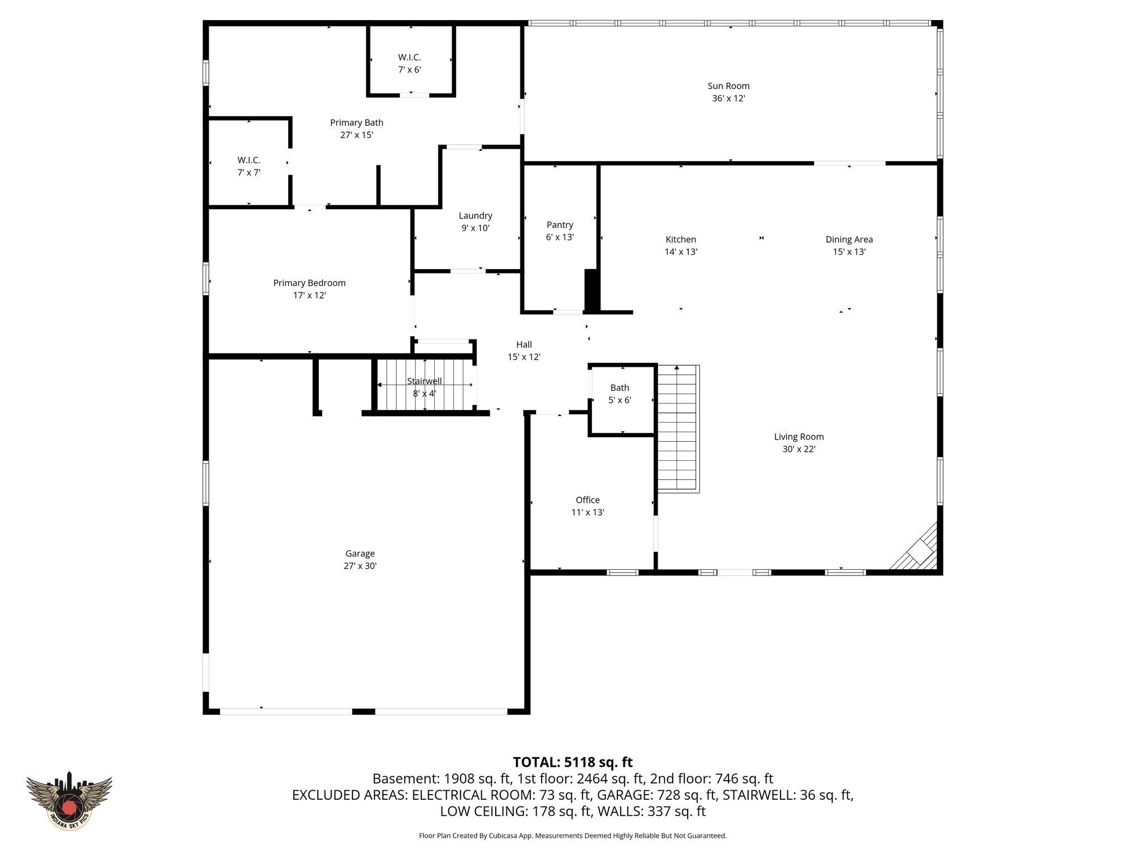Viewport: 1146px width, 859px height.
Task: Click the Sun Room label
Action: (728, 86)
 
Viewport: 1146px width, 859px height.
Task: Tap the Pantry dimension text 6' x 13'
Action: (560, 237)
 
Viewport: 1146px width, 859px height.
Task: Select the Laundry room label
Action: (475, 216)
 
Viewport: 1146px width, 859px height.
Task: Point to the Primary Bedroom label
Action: (309, 283)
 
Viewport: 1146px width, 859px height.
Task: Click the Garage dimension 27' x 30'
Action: (360, 566)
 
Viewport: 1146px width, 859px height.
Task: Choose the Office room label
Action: (588, 500)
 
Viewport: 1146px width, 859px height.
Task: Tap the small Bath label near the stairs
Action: (619, 388)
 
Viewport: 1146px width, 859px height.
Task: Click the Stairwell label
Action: (424, 381)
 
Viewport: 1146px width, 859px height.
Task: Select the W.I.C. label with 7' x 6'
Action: (410, 58)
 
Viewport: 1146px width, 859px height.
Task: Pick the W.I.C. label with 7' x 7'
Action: (248, 161)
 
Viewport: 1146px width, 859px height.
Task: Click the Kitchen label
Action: (680, 239)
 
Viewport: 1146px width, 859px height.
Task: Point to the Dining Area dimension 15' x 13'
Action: (849, 252)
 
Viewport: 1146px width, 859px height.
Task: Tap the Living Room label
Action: (799, 437)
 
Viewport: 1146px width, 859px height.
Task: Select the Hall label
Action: (524, 344)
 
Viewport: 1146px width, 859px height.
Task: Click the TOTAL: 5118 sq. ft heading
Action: (572, 762)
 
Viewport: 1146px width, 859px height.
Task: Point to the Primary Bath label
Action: (356, 123)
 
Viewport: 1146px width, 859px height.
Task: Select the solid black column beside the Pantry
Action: (591, 290)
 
